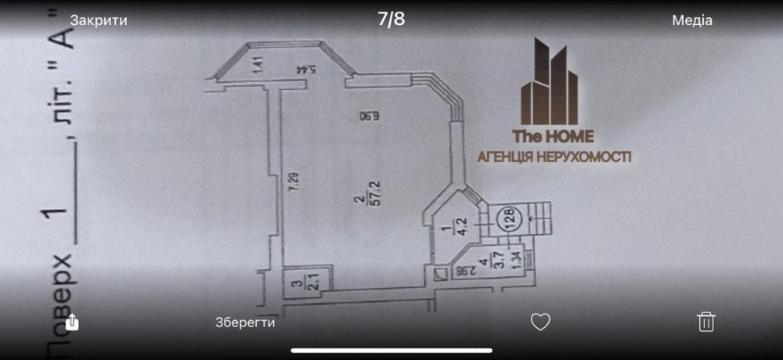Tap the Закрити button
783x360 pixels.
99,20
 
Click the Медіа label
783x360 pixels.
692,20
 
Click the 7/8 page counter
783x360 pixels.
391,20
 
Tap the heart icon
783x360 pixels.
540,321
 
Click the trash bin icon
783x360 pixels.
706,321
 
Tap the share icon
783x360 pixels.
72,321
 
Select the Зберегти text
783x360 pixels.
245,321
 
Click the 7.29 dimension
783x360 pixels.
294,184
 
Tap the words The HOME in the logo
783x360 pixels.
553,135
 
